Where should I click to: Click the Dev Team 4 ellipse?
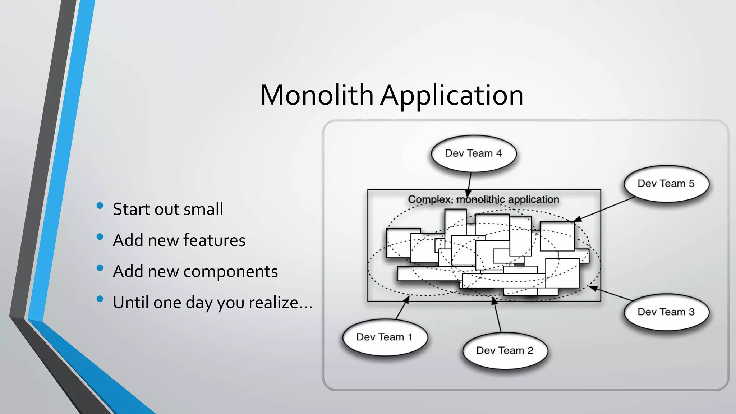(474, 153)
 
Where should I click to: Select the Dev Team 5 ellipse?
(666, 184)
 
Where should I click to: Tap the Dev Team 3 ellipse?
(666, 312)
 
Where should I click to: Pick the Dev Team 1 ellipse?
(385, 337)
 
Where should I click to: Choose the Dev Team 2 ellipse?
(505, 350)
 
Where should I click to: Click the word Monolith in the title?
(317, 95)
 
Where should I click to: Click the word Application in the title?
(452, 96)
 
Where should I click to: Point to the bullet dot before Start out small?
(100, 206)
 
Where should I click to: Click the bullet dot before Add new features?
(100, 237)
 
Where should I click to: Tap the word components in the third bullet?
(230, 272)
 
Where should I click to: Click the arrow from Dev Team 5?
(604, 209)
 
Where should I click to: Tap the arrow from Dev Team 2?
(497, 314)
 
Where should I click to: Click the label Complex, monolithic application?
(483, 199)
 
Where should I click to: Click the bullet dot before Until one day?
(100, 299)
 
